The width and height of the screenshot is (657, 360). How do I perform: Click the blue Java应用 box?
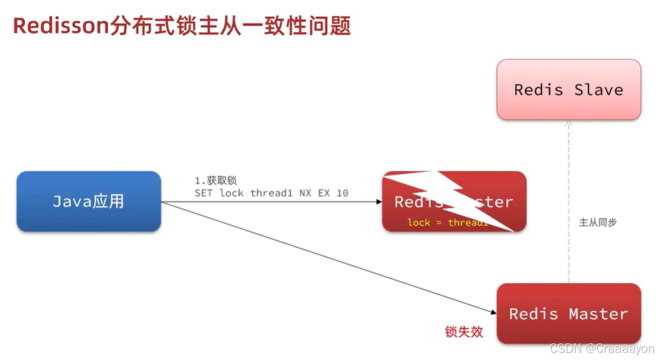click(x=89, y=201)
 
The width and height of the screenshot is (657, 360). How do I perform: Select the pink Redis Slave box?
click(x=568, y=89)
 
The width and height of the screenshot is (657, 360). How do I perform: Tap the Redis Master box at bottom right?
click(x=568, y=314)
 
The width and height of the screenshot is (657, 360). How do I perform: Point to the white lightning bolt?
click(x=449, y=196)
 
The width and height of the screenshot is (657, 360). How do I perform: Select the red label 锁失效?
click(x=464, y=332)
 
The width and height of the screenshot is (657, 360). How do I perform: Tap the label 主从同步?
click(x=598, y=222)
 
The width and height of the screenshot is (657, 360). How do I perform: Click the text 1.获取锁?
click(x=216, y=181)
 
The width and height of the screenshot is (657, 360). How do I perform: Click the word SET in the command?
click(x=204, y=193)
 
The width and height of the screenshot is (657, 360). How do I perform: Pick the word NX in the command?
click(x=305, y=193)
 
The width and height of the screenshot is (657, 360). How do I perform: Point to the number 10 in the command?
click(x=342, y=193)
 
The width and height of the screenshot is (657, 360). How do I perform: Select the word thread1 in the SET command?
click(x=271, y=193)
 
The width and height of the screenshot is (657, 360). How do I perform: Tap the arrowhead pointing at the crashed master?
click(x=379, y=201)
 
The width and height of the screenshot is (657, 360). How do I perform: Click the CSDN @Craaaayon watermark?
click(x=601, y=348)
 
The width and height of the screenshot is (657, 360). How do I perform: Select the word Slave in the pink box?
click(x=599, y=89)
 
